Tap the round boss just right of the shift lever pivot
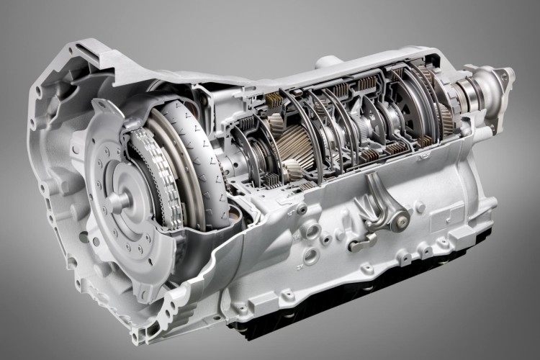420,208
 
